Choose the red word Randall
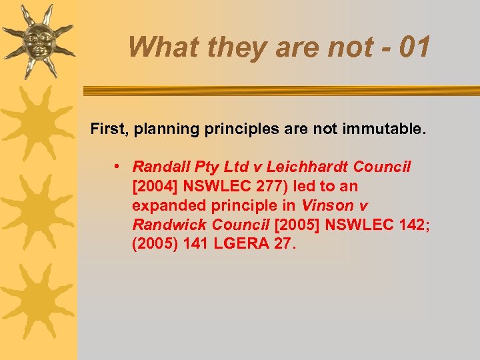[x=159, y=167]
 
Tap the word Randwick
[x=163, y=225]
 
